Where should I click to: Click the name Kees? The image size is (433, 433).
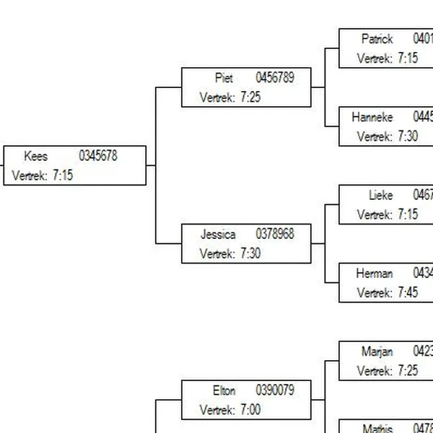[x=36, y=156]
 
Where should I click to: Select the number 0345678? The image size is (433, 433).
[x=98, y=156]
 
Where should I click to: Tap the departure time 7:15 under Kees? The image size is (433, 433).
[x=63, y=175]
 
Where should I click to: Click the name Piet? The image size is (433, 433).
[x=224, y=78]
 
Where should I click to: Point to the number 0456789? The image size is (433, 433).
[x=275, y=78]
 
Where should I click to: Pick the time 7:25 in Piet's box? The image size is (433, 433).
[x=250, y=97]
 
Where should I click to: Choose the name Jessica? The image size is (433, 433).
[x=218, y=235]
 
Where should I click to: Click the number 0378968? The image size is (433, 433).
[x=275, y=235]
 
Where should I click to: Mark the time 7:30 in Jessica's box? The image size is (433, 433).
[x=250, y=254]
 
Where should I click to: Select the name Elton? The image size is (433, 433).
[x=224, y=390]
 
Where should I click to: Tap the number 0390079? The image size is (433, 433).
[x=275, y=390]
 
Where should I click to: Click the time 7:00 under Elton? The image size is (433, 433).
[x=250, y=410]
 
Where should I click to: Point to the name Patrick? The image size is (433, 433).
[x=377, y=39]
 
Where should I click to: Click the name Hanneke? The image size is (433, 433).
[x=372, y=117]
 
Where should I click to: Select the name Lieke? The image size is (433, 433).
[x=380, y=196]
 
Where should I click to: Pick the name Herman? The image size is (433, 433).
[x=375, y=274]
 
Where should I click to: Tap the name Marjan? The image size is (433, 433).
[x=377, y=352]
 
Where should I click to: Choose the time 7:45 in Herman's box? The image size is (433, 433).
[x=408, y=293]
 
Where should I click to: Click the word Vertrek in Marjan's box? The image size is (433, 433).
[x=374, y=372]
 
